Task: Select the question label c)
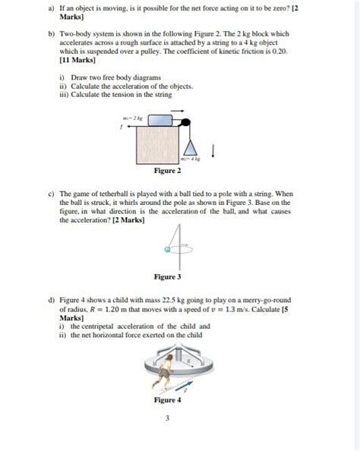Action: click(x=49, y=194)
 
